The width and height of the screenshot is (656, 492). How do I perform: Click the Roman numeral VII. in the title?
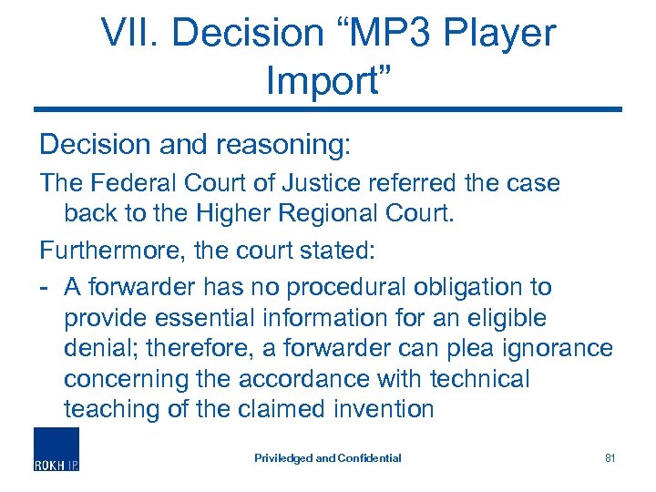pyautogui.click(x=127, y=34)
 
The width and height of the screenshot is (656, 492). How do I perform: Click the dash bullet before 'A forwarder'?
pyautogui.click(x=44, y=288)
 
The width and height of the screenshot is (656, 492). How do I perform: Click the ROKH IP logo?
pyautogui.click(x=57, y=449)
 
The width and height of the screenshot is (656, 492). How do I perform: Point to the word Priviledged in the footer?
pyautogui.click(x=282, y=458)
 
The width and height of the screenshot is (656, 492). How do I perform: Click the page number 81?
pyautogui.click(x=610, y=458)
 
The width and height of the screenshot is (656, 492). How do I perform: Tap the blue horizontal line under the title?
pyautogui.click(x=328, y=109)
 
